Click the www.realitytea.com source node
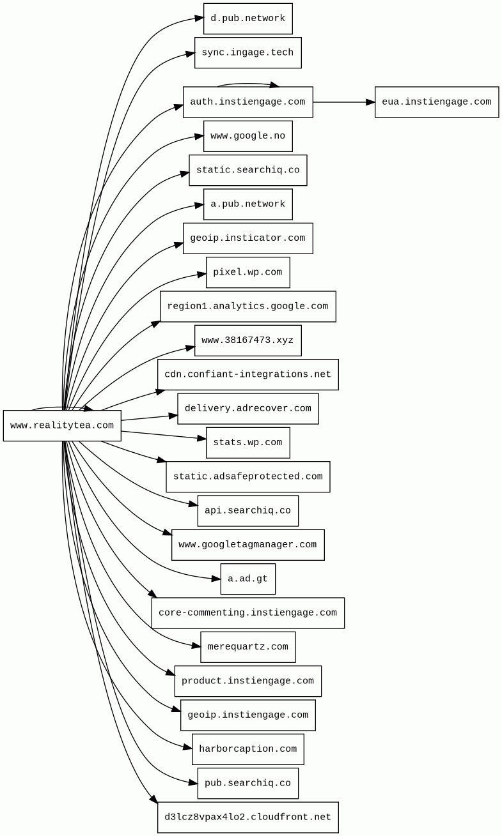coord(62,425)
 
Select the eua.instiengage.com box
coord(436,102)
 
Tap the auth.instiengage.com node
coord(247,102)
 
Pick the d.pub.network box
coord(247,19)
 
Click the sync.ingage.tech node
coord(247,53)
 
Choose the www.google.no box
coord(247,137)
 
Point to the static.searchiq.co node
coord(247,171)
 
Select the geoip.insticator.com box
coord(247,238)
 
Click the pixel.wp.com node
coord(247,273)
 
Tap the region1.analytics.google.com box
coord(247,307)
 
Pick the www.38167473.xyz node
coord(247,340)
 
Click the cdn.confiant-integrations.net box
coord(247,375)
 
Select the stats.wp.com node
coord(247,443)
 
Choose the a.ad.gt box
coord(247,579)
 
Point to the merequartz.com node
coord(247,647)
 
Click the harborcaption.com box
coord(247,749)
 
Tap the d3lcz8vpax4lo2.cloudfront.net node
coord(247,817)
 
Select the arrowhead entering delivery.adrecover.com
coord(173,416)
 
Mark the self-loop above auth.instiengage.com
coord(248,84)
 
